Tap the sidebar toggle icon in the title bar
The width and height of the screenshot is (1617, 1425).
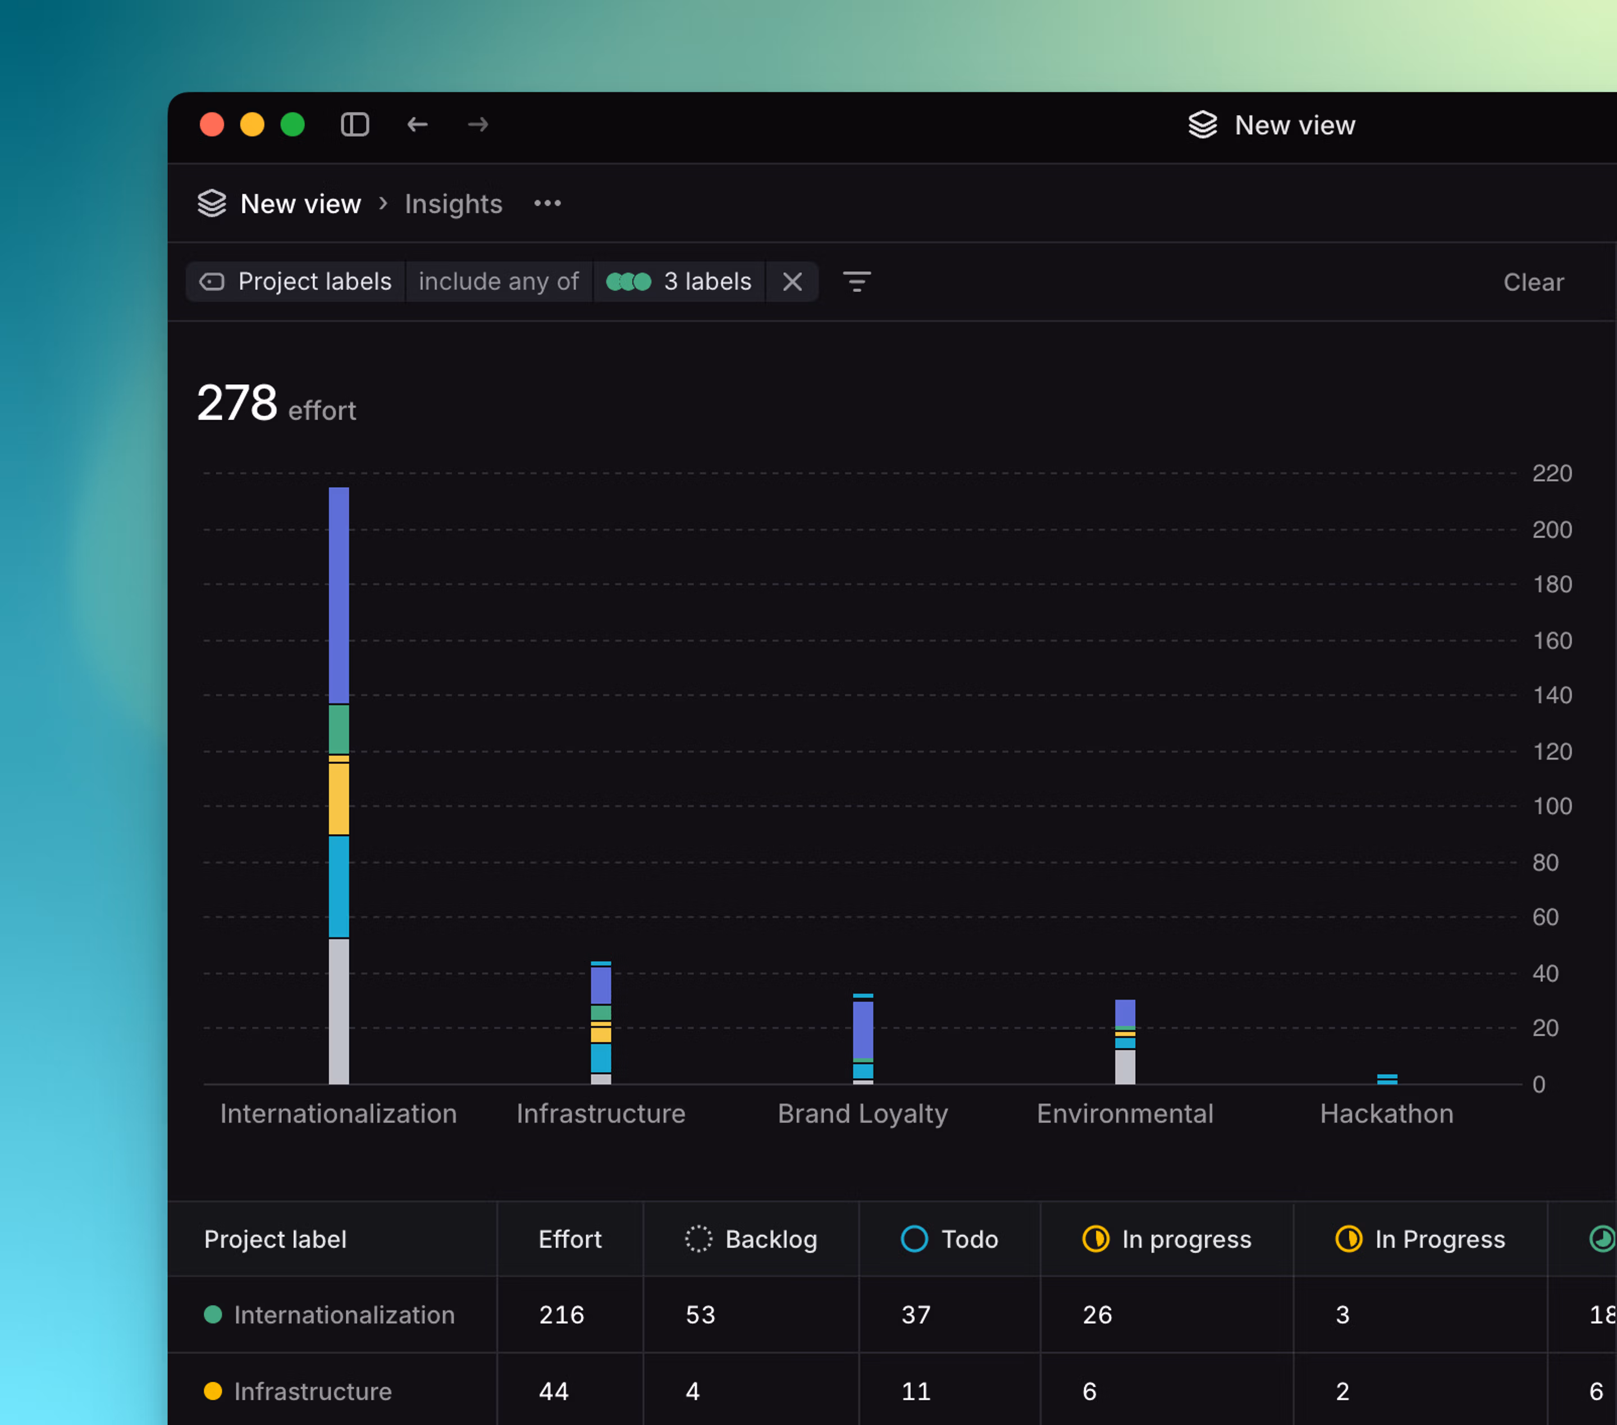pyautogui.click(x=354, y=125)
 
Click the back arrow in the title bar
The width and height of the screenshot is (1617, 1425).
pyautogui.click(x=417, y=125)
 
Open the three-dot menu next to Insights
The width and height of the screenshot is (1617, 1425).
pyautogui.click(x=547, y=204)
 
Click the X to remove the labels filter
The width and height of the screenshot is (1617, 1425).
pyautogui.click(x=792, y=281)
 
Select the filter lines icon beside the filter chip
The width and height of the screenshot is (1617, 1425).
pyautogui.click(x=856, y=281)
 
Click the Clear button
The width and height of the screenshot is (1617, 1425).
pyautogui.click(x=1532, y=283)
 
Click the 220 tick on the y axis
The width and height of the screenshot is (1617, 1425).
pyautogui.click(x=1551, y=473)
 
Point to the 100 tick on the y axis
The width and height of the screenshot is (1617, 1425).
pyautogui.click(x=1551, y=806)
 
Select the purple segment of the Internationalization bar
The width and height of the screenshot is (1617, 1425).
pyautogui.click(x=339, y=593)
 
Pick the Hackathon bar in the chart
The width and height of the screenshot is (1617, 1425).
pyautogui.click(x=1387, y=1078)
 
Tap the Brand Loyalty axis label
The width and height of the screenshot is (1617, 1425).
pyautogui.click(x=862, y=1113)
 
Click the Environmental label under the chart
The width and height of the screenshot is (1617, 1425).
pyautogui.click(x=1124, y=1113)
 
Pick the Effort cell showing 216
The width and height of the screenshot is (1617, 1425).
pyautogui.click(x=561, y=1314)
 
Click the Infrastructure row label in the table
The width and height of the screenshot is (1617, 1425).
pyautogui.click(x=313, y=1391)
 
